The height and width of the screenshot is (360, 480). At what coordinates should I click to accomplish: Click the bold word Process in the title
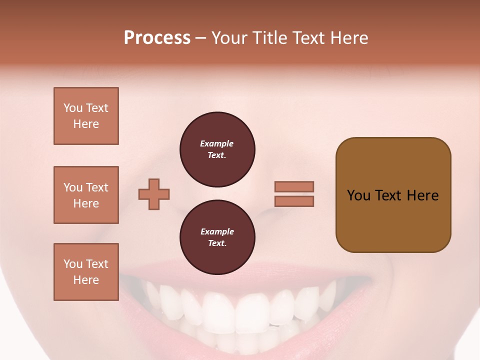click(x=157, y=38)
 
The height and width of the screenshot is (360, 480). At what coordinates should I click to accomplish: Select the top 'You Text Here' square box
click(x=86, y=116)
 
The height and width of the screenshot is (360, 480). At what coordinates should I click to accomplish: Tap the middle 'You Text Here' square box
click(x=86, y=195)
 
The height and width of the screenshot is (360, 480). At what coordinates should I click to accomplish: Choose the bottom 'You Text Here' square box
click(x=86, y=272)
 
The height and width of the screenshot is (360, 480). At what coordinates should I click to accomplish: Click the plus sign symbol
click(x=154, y=194)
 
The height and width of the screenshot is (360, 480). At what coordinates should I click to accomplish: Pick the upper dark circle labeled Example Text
click(x=217, y=149)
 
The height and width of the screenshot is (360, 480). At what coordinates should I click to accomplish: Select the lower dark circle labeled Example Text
click(x=217, y=237)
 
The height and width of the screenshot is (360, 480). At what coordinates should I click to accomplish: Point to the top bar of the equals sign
click(x=294, y=186)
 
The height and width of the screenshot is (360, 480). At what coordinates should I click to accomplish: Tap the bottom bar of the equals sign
click(x=294, y=201)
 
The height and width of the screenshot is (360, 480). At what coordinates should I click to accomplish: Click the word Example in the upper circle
click(x=217, y=144)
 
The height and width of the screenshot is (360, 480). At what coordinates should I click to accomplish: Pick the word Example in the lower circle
click(x=217, y=232)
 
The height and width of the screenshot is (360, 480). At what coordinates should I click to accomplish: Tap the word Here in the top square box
click(x=86, y=124)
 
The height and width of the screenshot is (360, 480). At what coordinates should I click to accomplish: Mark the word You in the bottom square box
click(x=73, y=264)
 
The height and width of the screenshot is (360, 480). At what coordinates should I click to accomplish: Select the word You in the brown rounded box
click(x=359, y=195)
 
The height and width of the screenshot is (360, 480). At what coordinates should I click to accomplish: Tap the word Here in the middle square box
click(x=86, y=203)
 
